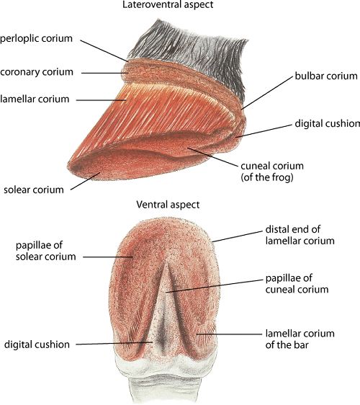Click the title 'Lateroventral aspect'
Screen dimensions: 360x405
point(168,5)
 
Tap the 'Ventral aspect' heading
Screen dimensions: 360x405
point(168,205)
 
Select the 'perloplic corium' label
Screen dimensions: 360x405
point(37,38)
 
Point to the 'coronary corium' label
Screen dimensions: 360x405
point(37,72)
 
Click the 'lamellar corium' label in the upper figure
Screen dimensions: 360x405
point(35,99)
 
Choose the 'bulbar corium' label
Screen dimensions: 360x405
point(326,76)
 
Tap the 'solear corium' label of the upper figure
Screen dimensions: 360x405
point(34,190)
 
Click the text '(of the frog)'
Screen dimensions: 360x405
point(267,177)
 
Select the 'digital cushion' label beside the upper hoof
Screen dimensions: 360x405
point(327,123)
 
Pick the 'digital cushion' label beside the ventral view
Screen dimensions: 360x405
point(37,344)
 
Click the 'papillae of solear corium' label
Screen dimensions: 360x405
point(45,251)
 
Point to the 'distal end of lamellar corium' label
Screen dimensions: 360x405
point(300,235)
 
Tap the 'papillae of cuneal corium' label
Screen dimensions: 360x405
point(297,284)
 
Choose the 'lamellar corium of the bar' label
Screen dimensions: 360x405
point(300,339)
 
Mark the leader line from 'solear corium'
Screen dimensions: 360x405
point(86,181)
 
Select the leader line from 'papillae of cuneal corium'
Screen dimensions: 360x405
point(214,286)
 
